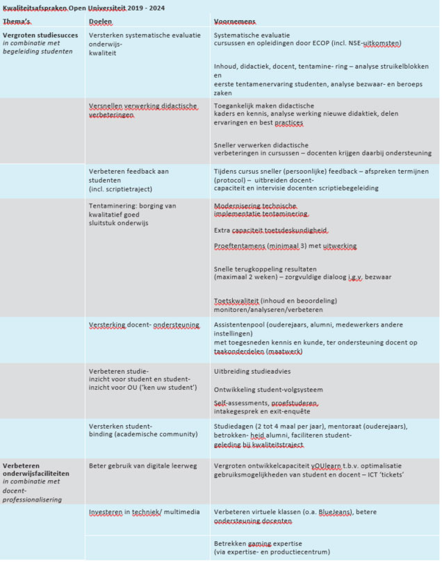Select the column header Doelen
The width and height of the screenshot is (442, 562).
click(101, 22)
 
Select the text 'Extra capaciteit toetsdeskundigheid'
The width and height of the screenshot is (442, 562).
click(270, 230)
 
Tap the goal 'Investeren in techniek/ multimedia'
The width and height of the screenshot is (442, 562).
click(144, 512)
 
